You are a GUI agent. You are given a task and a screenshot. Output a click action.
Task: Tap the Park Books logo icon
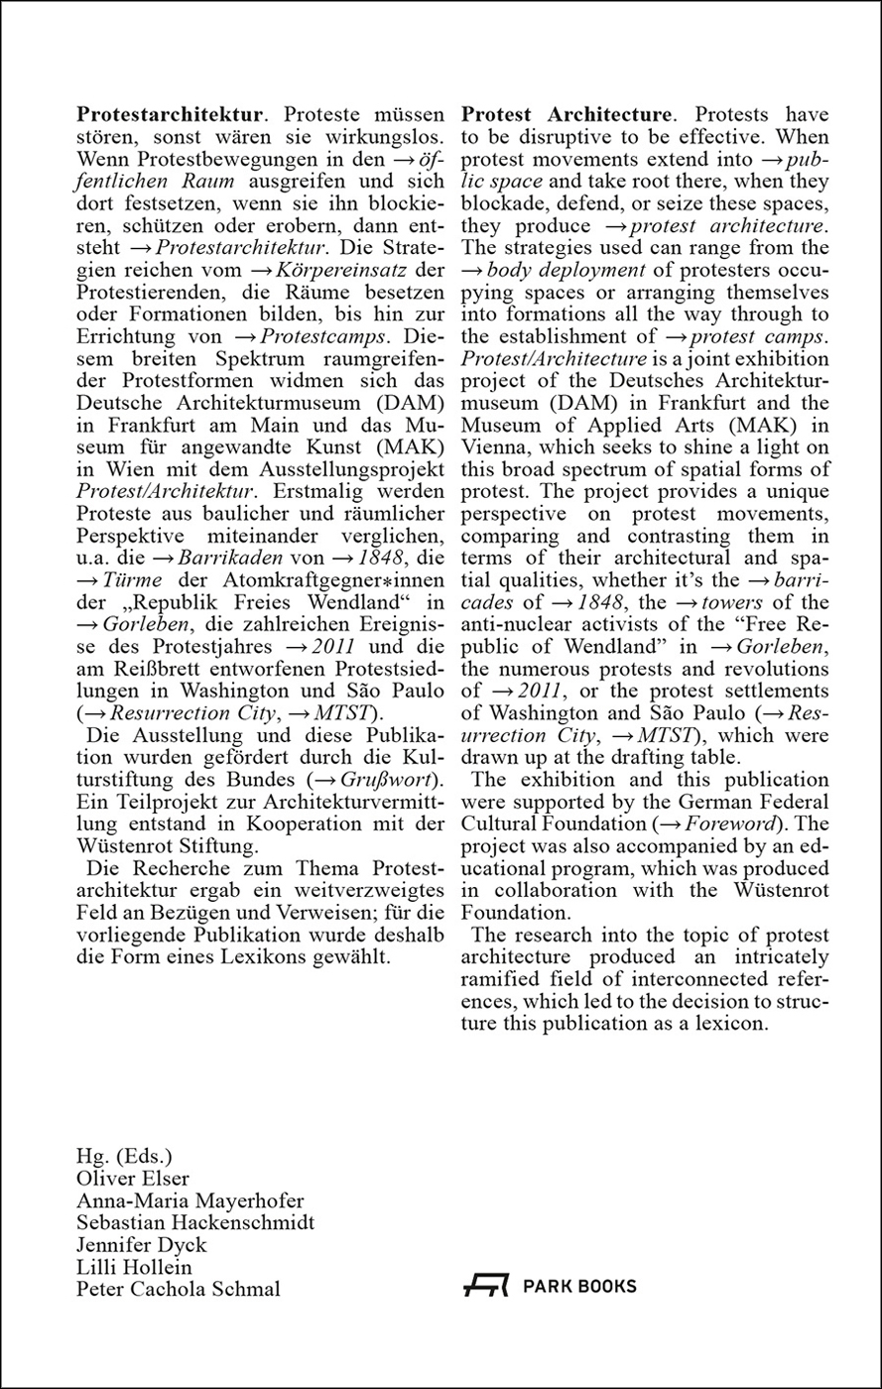pos(486,1287)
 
